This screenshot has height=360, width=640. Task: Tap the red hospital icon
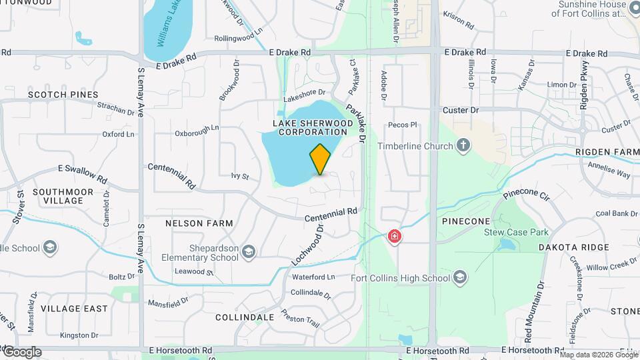(395, 236)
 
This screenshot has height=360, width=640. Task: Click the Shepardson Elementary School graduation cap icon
(249, 251)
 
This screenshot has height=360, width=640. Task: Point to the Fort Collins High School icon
(460, 277)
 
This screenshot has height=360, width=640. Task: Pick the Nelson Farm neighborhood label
(199, 223)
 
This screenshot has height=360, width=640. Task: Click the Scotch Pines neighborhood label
(63, 95)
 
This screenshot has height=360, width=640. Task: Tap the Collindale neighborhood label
(245, 317)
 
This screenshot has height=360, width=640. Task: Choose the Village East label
(73, 309)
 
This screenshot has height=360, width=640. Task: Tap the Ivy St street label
(239, 177)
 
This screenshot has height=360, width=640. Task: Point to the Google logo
(22, 352)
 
